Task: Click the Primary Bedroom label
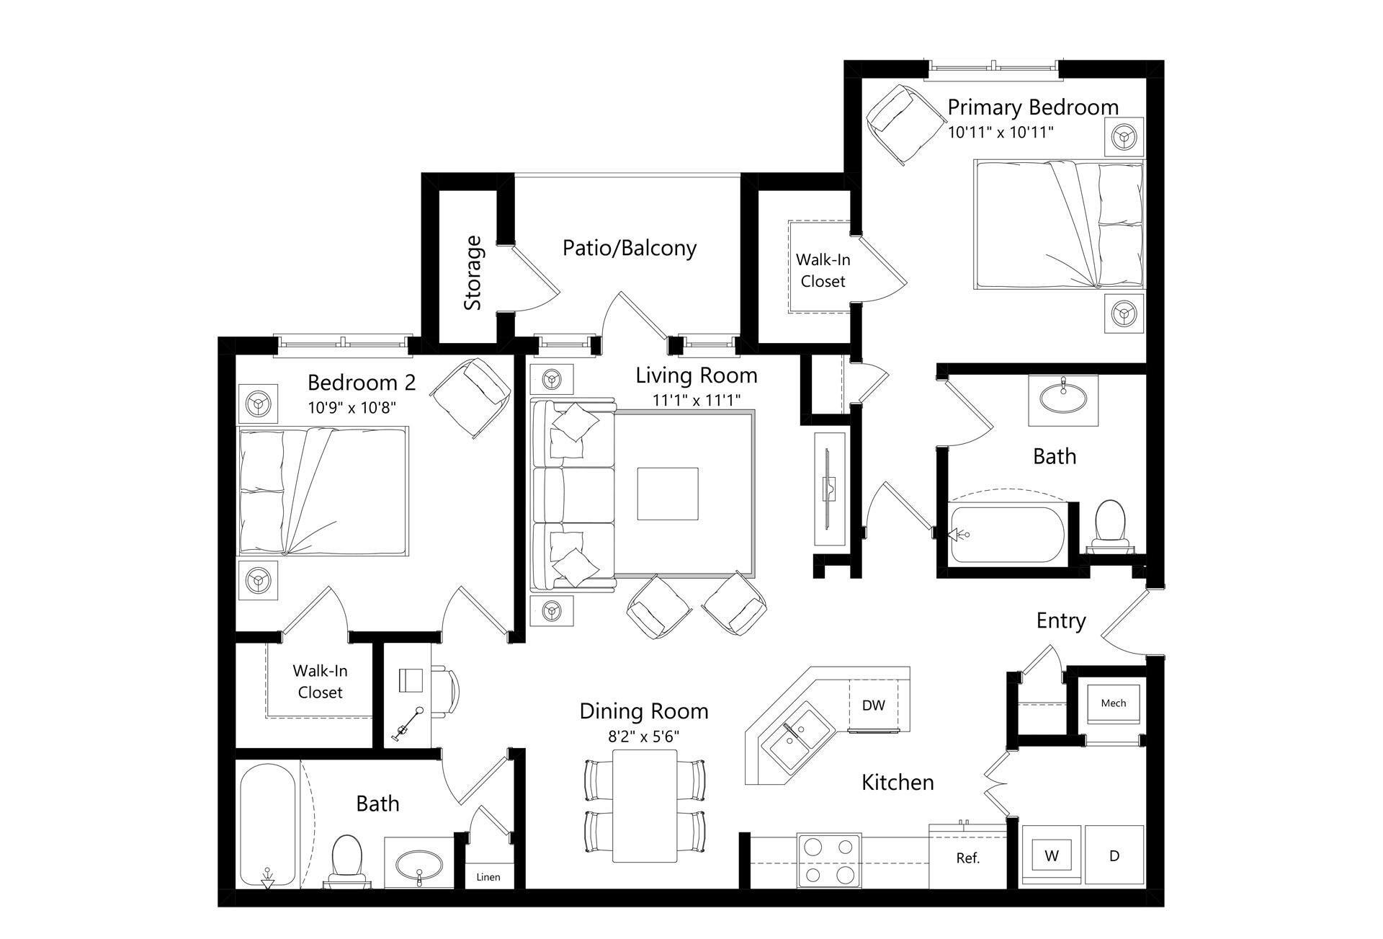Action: [x=1032, y=107]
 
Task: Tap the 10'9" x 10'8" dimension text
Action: [x=352, y=408]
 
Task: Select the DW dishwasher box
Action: [x=873, y=705]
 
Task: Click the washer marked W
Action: [x=1052, y=856]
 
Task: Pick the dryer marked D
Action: [x=1114, y=856]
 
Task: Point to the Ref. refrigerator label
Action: [x=967, y=858]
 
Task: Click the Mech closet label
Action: [x=1113, y=703]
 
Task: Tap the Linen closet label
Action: [x=488, y=877]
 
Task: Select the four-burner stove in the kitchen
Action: [x=829, y=860]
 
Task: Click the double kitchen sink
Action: [x=795, y=739]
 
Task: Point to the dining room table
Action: [x=645, y=805]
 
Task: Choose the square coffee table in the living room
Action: [x=667, y=494]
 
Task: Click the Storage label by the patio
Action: [x=473, y=273]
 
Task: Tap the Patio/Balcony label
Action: [x=629, y=248]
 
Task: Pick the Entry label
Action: [x=1060, y=620]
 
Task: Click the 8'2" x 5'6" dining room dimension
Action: [x=643, y=736]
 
